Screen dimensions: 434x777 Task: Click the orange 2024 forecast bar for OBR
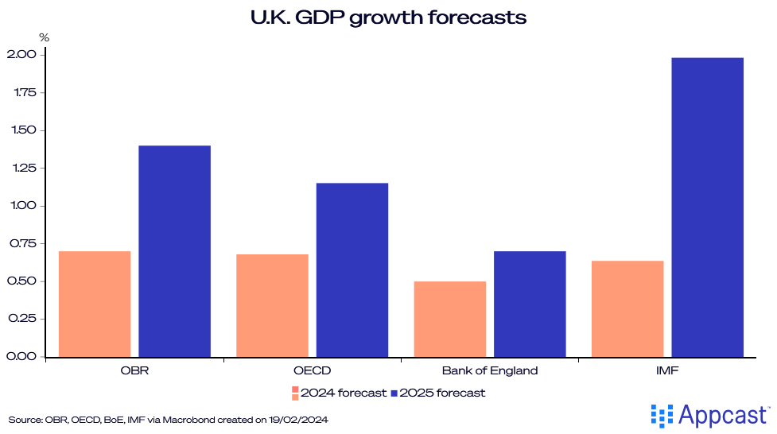click(95, 304)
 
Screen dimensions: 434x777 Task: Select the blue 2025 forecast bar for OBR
click(174, 251)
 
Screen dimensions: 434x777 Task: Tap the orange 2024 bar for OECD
click(272, 305)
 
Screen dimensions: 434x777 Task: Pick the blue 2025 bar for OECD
click(352, 269)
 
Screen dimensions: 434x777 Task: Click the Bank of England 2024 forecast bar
click(450, 319)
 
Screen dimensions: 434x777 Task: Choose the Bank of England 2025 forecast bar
click(530, 304)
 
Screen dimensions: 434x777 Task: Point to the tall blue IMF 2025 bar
click(708, 207)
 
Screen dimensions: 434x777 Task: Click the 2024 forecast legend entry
click(340, 393)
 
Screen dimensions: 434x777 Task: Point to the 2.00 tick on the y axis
click(21, 55)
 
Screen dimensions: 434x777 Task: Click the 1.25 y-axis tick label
click(21, 168)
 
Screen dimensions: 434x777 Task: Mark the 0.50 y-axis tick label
click(21, 281)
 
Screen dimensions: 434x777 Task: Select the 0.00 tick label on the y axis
click(21, 356)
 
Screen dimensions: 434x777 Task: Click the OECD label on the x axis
click(313, 370)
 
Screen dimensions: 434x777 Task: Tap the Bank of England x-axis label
click(490, 370)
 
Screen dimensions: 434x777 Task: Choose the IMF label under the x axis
click(668, 370)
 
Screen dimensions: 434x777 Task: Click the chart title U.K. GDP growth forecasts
click(388, 17)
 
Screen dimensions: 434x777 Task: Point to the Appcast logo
click(710, 415)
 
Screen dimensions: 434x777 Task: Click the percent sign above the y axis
click(44, 37)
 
